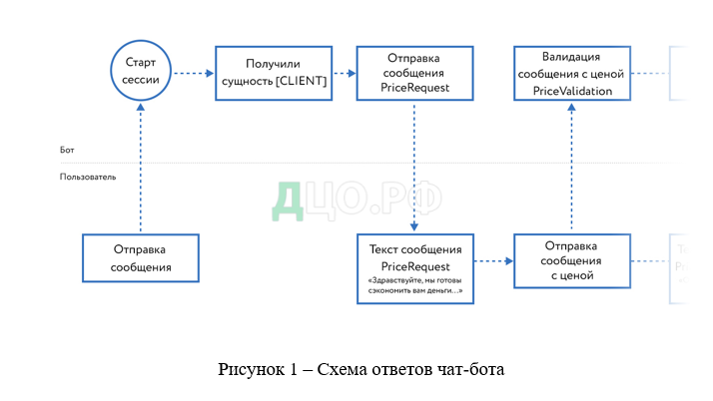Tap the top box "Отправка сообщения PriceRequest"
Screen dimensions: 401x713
click(414, 73)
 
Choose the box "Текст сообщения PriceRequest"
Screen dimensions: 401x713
click(414, 268)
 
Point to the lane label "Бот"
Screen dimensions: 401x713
click(67, 150)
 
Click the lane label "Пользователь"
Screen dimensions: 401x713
click(88, 177)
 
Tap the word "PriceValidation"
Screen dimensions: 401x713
click(571, 91)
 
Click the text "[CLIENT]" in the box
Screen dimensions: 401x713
click(299, 81)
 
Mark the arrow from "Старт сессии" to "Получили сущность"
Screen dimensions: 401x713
click(194, 73)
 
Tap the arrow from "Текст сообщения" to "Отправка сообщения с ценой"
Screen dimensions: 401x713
click(493, 260)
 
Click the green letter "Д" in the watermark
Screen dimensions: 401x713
click(287, 200)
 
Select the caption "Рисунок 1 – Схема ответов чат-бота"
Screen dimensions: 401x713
click(362, 370)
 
